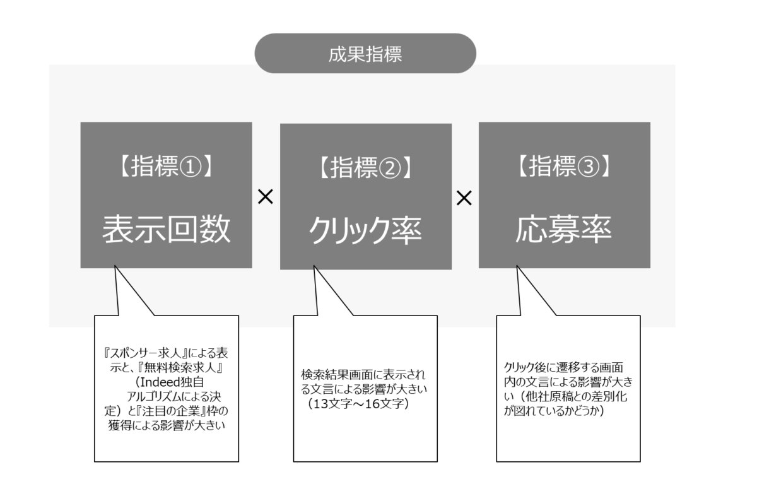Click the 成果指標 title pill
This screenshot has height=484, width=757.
coord(365,54)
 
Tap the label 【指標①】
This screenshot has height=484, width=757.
coord(167,166)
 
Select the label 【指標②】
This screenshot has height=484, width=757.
coord(366,167)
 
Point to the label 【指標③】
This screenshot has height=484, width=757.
coord(565,166)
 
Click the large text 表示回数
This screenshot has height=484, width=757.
coord(167,229)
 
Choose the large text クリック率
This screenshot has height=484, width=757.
coord(365,230)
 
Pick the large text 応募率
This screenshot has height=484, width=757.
coord(564,229)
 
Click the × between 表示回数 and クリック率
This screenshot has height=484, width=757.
coord(266,197)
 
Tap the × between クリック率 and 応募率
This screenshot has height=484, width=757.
coord(464,198)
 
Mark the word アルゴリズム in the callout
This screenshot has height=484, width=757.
coord(154,396)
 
